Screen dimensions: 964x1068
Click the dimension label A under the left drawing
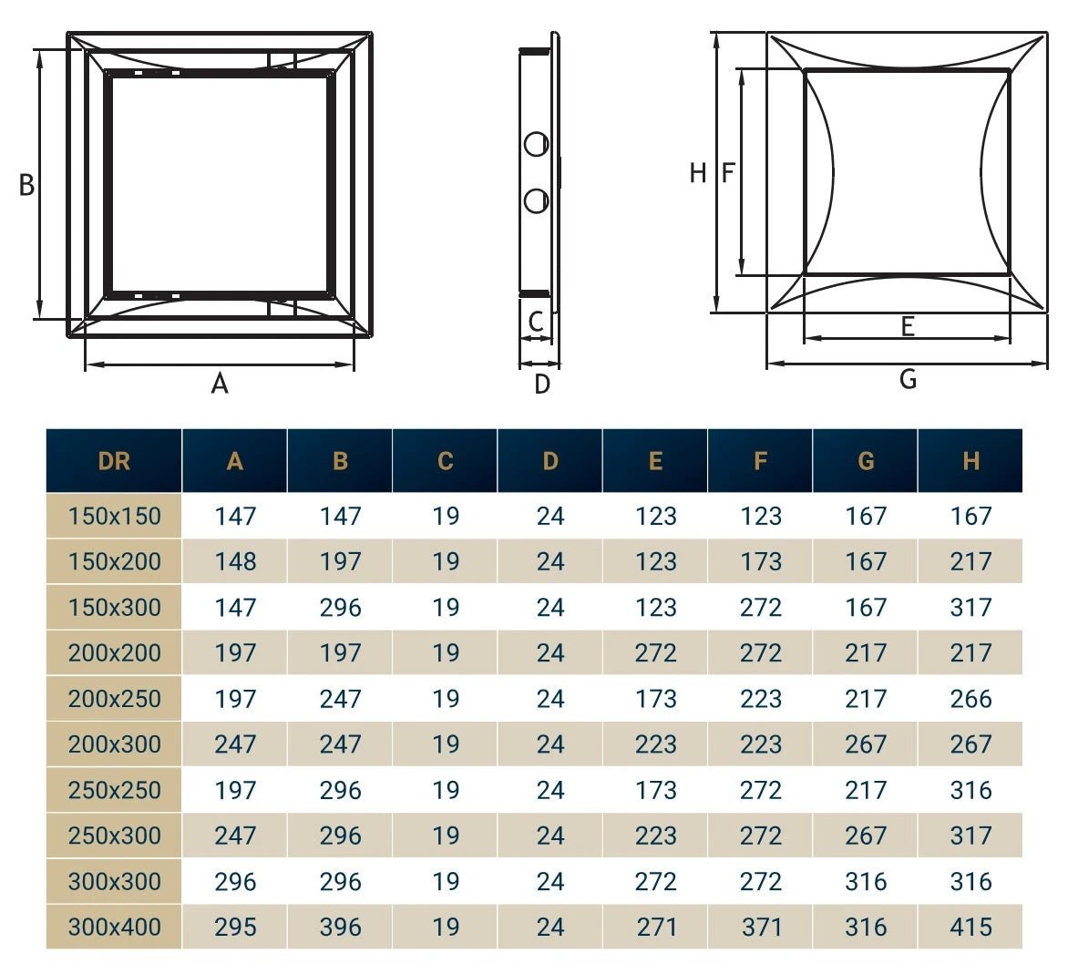[x=220, y=385]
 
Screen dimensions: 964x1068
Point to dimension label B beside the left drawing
[x=27, y=185]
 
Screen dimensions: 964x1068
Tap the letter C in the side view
[x=536, y=321]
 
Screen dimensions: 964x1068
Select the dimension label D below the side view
[x=542, y=385]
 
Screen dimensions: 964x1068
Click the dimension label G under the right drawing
[x=908, y=379]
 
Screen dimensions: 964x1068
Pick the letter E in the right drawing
[x=908, y=326]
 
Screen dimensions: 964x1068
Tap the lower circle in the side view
[x=537, y=200]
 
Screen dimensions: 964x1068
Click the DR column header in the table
[x=114, y=461]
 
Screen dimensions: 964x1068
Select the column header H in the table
[x=970, y=461]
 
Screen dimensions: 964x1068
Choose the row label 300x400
[x=114, y=928]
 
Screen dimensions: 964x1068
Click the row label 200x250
[x=114, y=699]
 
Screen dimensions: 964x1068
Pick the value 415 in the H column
[x=970, y=928]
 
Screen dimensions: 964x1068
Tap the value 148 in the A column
[x=235, y=561]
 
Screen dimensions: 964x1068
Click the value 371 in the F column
[x=761, y=928]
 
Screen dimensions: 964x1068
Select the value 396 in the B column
[x=340, y=928]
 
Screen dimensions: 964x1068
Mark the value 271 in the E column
[x=656, y=928]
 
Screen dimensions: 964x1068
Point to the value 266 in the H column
[x=970, y=699]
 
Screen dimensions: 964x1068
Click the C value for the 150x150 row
[x=445, y=516]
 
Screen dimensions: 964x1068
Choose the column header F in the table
[x=761, y=461]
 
